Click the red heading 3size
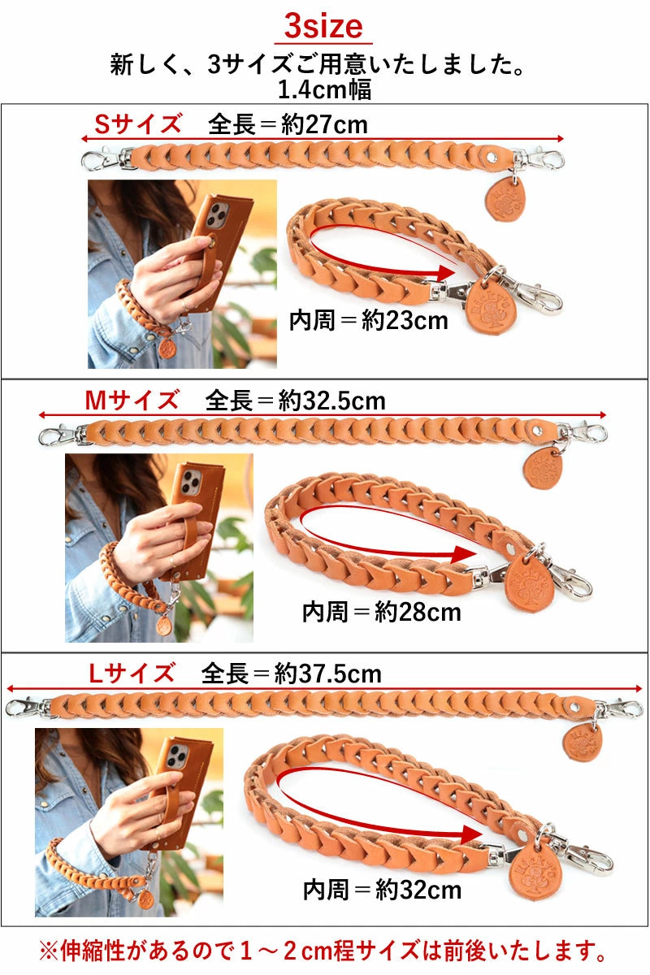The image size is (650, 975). tap(323, 27)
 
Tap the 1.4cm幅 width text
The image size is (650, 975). tap(324, 89)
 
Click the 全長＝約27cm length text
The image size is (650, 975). tap(288, 124)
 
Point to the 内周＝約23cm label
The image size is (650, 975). tap(369, 320)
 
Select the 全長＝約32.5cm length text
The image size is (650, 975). tap(295, 401)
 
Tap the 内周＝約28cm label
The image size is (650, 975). tap(382, 611)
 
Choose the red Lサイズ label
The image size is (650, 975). tap(132, 673)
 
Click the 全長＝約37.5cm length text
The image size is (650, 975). tap(291, 674)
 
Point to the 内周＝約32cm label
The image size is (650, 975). tap(382, 889)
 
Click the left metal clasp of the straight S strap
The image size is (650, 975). tap(101, 158)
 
